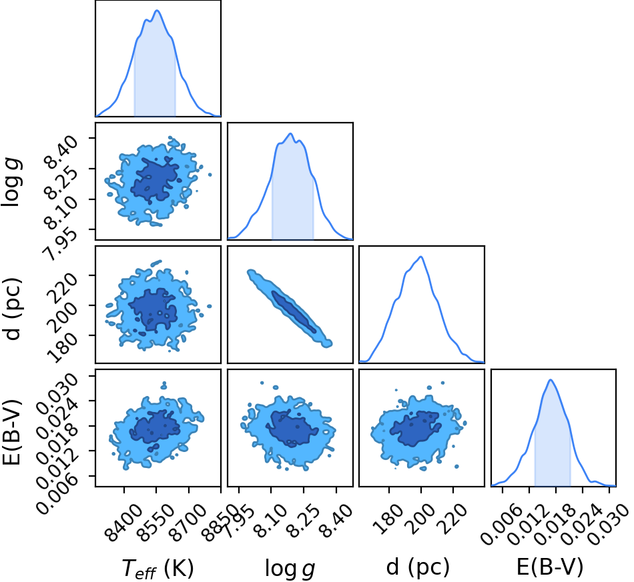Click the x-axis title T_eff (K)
click(157, 568)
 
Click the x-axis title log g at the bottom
click(290, 569)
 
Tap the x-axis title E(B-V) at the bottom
click(550, 567)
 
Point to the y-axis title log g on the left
click(11, 183)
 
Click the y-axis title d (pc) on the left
click(11, 309)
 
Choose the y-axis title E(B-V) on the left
click(11, 432)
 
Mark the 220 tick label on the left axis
click(62, 287)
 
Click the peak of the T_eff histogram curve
click(157, 11)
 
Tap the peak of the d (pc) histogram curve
click(421, 257)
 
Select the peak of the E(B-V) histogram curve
click(551, 379)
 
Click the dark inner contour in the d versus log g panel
click(294, 311)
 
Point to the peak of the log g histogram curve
click(290, 133)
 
